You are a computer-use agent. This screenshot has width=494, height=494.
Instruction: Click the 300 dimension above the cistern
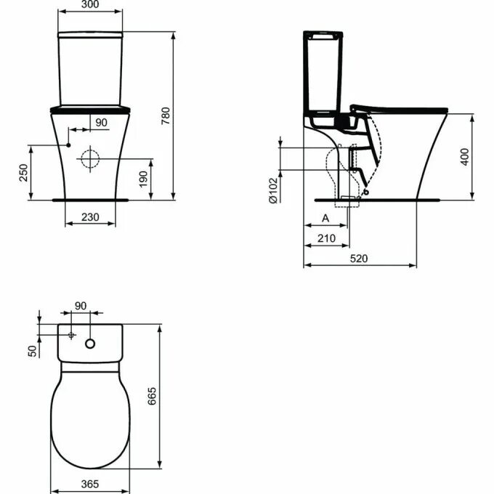[x=91, y=5]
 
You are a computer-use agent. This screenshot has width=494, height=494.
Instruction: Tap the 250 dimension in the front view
[x=23, y=172]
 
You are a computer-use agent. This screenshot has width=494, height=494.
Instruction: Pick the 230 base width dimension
[x=91, y=216]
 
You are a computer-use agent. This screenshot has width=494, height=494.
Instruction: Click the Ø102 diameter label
[x=272, y=191]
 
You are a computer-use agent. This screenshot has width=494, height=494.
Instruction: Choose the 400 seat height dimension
[x=465, y=157]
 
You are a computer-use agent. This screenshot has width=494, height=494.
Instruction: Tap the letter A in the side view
[x=325, y=218]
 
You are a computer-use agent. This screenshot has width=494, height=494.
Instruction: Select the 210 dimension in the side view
[x=325, y=239]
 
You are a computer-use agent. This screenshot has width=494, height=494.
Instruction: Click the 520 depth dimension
[x=360, y=258]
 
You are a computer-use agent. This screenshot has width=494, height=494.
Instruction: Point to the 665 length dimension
[x=152, y=397]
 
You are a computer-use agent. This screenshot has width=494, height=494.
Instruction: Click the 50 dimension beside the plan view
[x=31, y=350]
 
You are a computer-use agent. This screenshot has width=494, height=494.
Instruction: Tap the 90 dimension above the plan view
[x=81, y=305]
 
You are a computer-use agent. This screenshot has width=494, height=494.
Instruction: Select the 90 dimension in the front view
[x=101, y=123]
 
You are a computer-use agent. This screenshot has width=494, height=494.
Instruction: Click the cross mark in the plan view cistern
[x=71, y=335]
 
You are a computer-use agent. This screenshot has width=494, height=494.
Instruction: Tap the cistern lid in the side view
[x=322, y=35]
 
